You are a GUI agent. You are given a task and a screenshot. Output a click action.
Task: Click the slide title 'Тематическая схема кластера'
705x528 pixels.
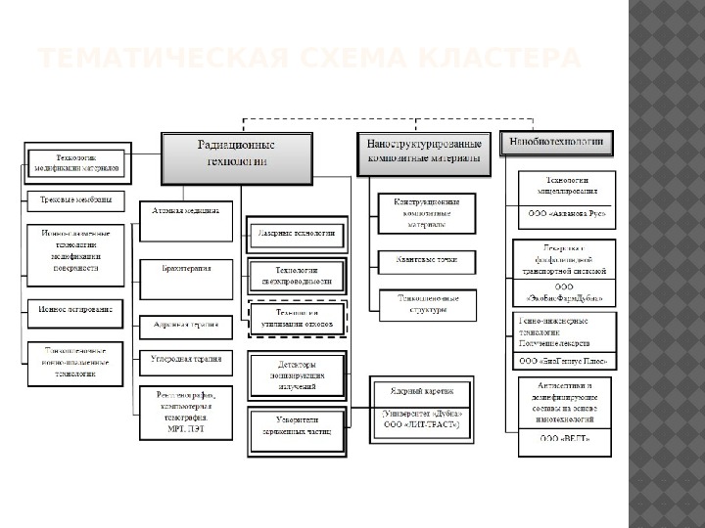(x=309, y=61)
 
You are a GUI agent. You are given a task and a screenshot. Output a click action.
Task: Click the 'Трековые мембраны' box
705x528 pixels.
(x=75, y=201)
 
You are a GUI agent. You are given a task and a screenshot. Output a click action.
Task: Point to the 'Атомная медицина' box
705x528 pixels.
(x=186, y=211)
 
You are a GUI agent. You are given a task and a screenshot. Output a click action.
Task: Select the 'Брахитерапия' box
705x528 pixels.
(x=186, y=267)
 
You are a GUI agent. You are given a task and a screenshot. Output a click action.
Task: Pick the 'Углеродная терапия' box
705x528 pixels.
(x=186, y=359)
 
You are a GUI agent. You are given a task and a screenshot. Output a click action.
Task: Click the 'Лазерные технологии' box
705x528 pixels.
(x=297, y=234)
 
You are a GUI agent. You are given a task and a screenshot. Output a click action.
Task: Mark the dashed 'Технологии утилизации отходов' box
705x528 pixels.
(x=297, y=317)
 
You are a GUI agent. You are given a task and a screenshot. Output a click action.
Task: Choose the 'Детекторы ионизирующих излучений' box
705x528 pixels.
(x=297, y=375)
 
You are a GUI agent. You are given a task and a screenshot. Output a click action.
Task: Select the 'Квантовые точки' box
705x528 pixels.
(x=427, y=261)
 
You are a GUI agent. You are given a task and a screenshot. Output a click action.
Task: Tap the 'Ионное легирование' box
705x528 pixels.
(x=75, y=309)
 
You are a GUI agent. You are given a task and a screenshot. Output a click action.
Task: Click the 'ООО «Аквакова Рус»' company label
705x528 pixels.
(x=567, y=212)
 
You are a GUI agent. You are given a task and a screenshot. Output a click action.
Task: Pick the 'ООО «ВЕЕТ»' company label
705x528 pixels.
(x=565, y=439)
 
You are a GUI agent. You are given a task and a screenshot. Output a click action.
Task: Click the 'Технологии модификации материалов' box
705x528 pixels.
(x=75, y=162)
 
